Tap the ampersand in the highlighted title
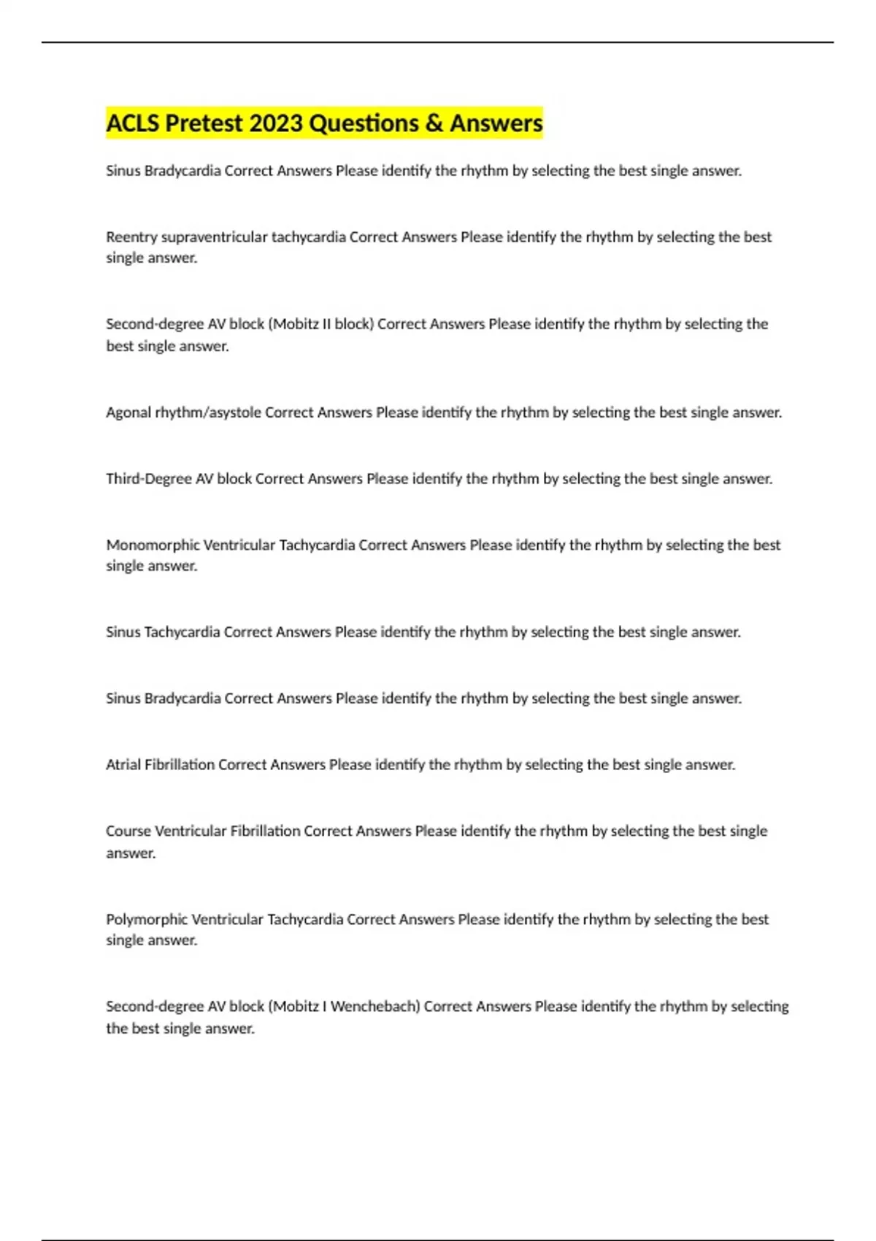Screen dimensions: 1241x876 434,123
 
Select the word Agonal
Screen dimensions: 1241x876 128,412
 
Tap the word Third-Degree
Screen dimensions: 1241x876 149,479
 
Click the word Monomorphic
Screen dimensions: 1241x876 153,545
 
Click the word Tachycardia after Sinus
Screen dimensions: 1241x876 182,632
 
